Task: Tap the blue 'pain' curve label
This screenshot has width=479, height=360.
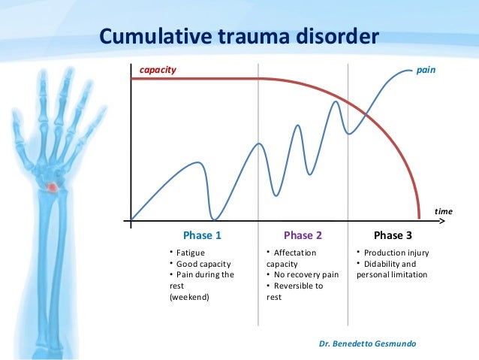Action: pyautogui.click(x=426, y=69)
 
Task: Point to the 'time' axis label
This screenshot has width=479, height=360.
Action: pyautogui.click(x=444, y=212)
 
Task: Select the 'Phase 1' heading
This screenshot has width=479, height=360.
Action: pyautogui.click(x=202, y=234)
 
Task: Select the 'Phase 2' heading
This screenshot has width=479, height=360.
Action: pyautogui.click(x=303, y=234)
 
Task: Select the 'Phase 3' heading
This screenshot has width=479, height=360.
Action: pyautogui.click(x=393, y=234)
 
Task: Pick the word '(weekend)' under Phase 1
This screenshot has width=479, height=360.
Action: pyautogui.click(x=189, y=297)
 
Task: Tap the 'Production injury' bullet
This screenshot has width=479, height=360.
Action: pyautogui.click(x=396, y=253)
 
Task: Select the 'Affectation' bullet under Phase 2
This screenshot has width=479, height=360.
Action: pyautogui.click(x=295, y=253)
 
